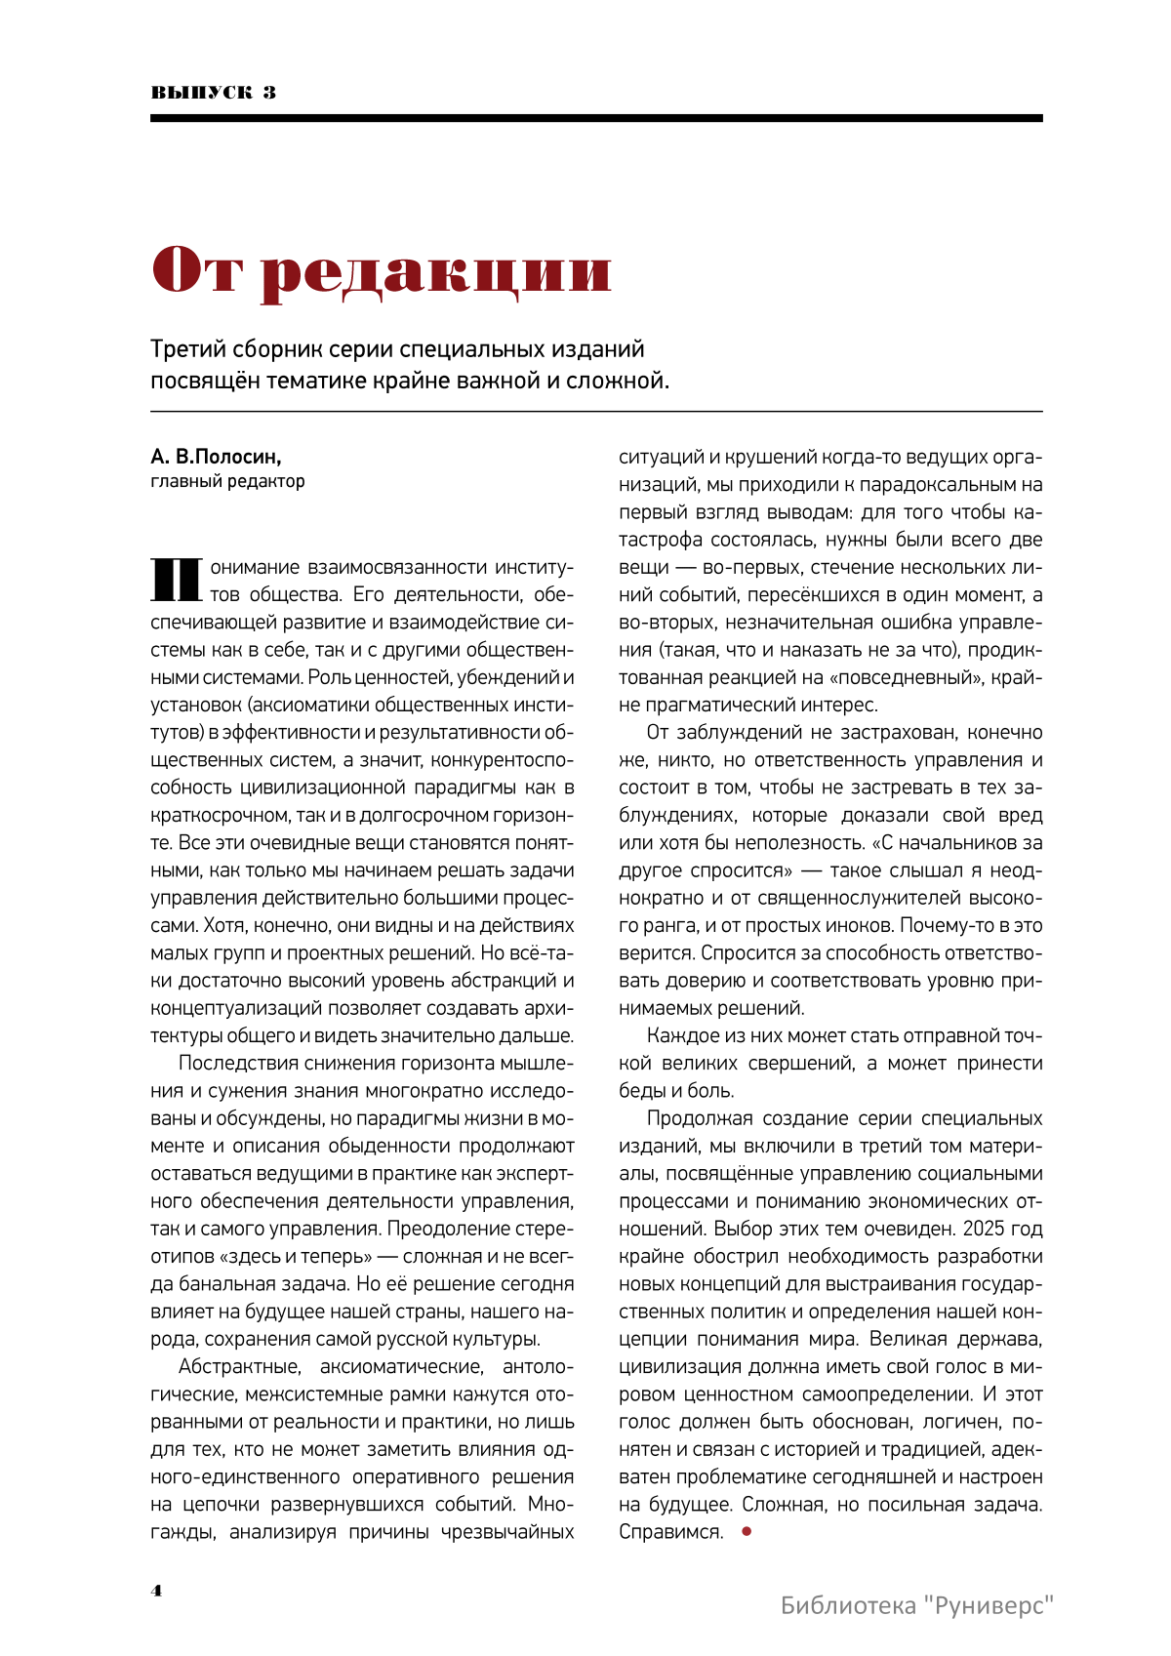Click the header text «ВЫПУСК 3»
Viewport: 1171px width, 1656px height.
214,93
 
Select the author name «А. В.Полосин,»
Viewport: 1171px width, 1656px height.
216,457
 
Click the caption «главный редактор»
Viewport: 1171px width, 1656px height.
227,481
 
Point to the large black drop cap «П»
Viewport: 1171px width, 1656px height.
176,580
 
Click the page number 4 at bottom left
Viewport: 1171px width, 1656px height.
156,1590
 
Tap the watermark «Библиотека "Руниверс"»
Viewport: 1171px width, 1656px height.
917,1605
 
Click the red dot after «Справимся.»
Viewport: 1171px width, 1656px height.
747,1532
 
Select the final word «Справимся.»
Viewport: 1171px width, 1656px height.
670,1532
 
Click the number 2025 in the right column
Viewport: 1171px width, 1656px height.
989,1229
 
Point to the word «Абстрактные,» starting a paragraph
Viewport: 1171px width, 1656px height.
233,1366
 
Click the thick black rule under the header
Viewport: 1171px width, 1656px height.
596,118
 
